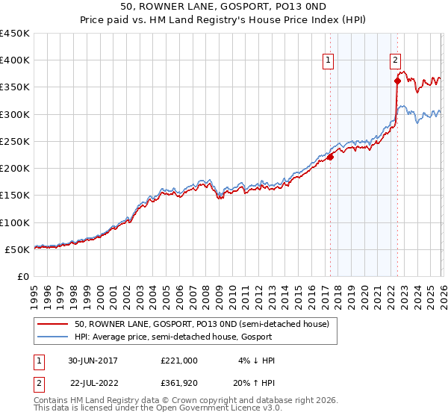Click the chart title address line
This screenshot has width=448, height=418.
pos(223,7)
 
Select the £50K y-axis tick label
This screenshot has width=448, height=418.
pos(18,249)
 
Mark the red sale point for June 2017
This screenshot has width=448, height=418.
pos(330,157)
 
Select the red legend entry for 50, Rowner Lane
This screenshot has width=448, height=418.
pos(202,324)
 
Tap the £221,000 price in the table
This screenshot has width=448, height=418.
pos(179,361)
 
